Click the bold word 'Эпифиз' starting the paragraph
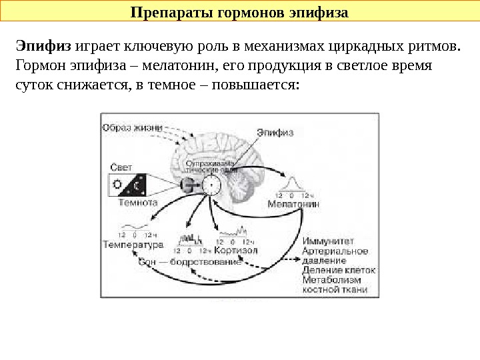(x=43, y=47)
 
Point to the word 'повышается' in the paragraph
(x=254, y=86)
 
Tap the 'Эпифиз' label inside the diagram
(x=275, y=132)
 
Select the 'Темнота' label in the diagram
(x=137, y=201)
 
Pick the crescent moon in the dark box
(x=137, y=184)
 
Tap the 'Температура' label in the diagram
(x=133, y=244)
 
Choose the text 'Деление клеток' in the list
(x=339, y=271)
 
